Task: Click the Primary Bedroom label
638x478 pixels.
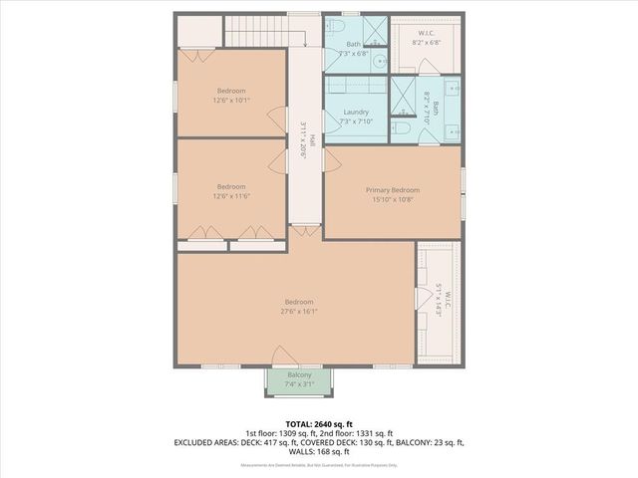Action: coord(392,190)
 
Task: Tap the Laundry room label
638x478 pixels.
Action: coord(356,113)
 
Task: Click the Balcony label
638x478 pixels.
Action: coord(299,375)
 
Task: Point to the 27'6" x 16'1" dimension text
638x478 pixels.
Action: coord(299,311)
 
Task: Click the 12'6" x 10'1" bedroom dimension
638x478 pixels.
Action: coord(231,100)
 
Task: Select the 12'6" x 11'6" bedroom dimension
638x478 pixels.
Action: coord(231,196)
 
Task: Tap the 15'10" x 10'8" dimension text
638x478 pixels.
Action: coord(392,199)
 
